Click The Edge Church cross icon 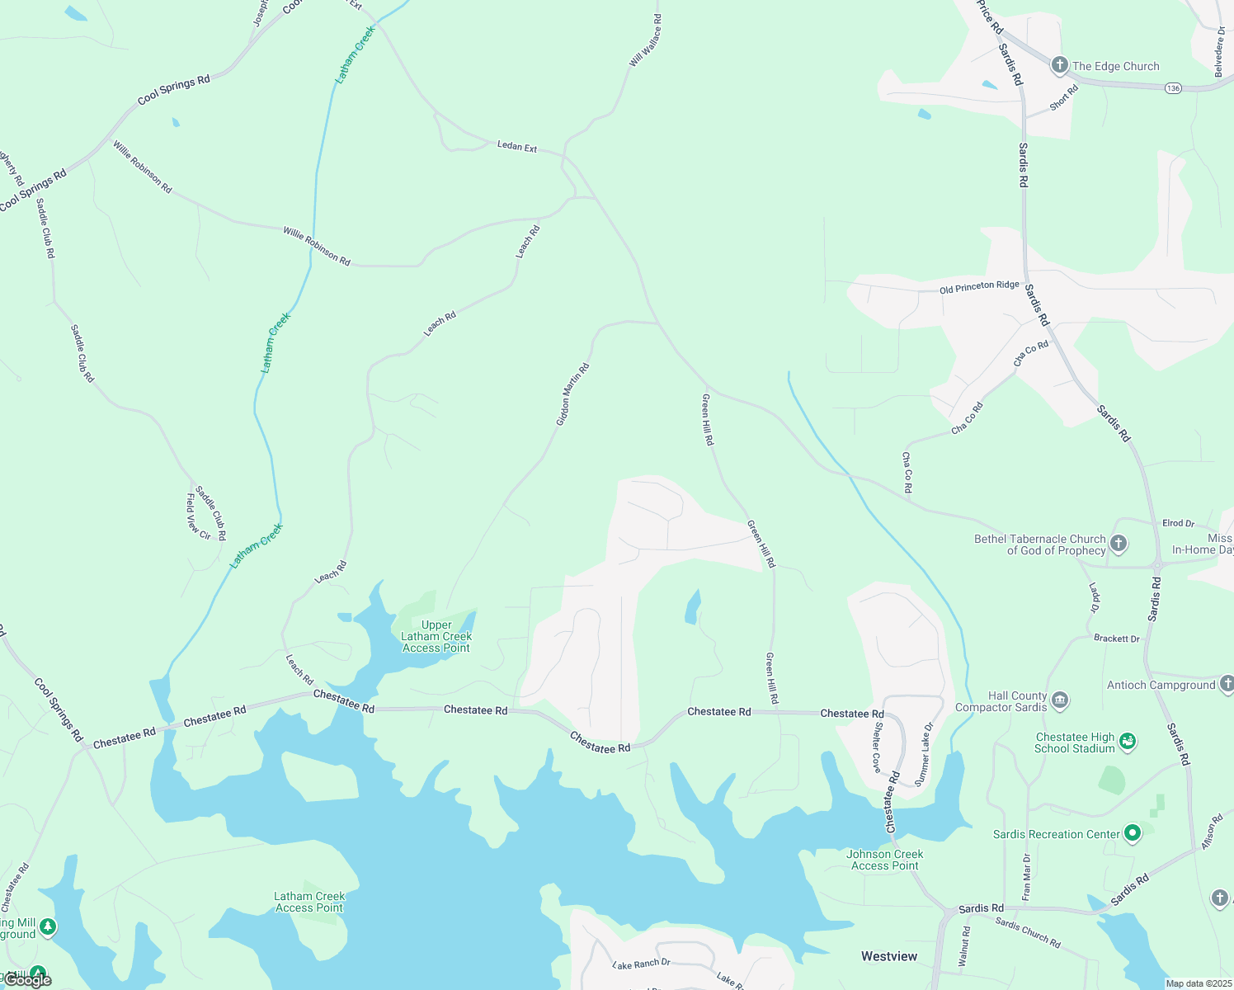click(1060, 65)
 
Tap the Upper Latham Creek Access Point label click(436, 636)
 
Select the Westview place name click(889, 956)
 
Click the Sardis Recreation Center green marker click(1133, 833)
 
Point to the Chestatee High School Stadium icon click(1128, 742)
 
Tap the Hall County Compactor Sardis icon click(1060, 700)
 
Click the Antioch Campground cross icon click(1227, 683)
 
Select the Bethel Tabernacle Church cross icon click(1119, 543)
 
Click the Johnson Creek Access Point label click(884, 860)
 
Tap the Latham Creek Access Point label click(309, 902)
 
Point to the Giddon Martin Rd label click(572, 394)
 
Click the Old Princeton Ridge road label click(979, 287)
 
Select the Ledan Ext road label click(517, 146)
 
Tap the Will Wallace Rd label click(645, 40)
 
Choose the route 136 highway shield click(1173, 87)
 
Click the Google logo click(27, 979)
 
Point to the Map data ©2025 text click(1197, 983)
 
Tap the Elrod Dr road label click(1178, 523)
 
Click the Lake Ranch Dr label click(642, 964)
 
